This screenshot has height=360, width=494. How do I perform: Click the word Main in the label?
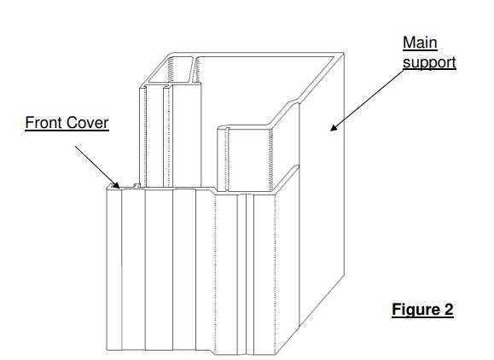[420, 43]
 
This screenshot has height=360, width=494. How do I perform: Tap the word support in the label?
[429, 62]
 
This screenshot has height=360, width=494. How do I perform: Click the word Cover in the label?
[88, 123]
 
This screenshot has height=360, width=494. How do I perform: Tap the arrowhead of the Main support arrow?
[334, 127]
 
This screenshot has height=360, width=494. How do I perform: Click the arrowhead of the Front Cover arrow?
[116, 185]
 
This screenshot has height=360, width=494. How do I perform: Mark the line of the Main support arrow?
[367, 100]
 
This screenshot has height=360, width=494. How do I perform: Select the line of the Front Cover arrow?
[97, 167]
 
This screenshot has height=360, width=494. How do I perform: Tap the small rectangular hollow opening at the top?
[170, 70]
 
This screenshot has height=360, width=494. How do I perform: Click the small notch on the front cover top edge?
[137, 185]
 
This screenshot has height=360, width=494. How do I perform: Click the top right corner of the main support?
[343, 53]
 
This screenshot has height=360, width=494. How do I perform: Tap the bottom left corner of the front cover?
[107, 350]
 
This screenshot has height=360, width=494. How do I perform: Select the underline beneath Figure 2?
[422, 317]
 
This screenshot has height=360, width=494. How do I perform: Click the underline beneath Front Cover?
[67, 130]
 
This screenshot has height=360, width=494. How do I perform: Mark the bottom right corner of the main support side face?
[299, 324]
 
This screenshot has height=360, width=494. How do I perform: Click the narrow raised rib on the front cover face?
[241, 274]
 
